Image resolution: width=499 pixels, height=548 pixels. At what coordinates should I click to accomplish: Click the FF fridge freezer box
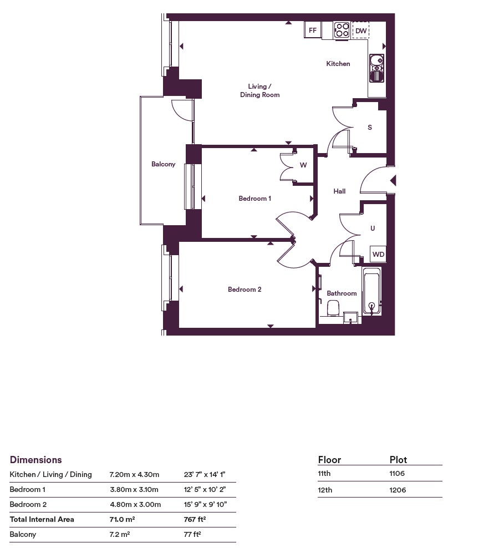click(313, 30)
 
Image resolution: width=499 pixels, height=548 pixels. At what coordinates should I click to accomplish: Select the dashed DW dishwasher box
click(360, 31)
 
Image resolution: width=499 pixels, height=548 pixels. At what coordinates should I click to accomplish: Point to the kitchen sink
click(376, 68)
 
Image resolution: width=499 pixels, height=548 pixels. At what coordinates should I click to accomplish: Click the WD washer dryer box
click(378, 254)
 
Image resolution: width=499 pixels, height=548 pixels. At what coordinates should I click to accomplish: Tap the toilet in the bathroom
click(333, 308)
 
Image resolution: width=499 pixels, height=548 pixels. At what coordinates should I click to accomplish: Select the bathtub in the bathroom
click(371, 292)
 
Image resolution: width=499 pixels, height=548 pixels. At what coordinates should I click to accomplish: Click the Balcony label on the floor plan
click(163, 164)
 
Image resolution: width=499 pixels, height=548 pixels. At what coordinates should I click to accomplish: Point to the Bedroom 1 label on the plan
click(254, 199)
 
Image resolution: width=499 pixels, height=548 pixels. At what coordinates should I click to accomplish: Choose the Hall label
click(339, 191)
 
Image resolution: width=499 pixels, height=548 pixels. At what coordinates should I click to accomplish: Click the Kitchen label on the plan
click(338, 64)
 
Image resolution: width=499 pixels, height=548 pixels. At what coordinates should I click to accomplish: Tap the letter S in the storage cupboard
click(370, 128)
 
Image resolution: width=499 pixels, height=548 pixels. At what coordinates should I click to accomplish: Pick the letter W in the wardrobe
click(303, 165)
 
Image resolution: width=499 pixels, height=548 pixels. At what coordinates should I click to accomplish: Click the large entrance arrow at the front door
click(393, 181)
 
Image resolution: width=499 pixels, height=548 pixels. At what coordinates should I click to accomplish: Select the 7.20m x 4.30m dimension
click(134, 475)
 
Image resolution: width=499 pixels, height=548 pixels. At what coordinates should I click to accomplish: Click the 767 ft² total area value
click(195, 519)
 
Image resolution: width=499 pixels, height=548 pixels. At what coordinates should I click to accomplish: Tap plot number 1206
click(398, 490)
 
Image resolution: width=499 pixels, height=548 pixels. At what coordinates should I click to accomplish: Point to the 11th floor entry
click(324, 474)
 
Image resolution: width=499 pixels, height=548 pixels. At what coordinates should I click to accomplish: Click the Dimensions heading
click(35, 460)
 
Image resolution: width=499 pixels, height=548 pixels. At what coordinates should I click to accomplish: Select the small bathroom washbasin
click(350, 318)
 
